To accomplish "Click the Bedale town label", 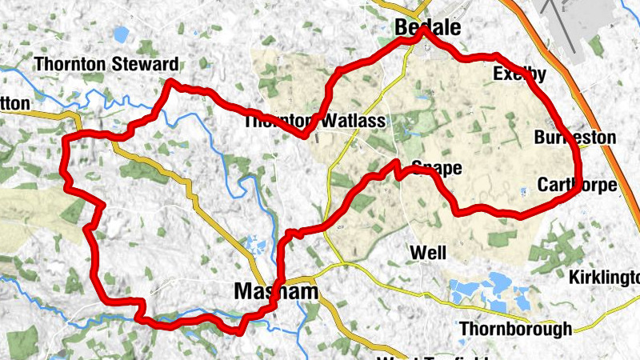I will (x=428, y=28).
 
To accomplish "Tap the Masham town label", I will (x=275, y=292).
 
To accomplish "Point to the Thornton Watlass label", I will (x=314, y=122).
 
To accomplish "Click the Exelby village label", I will (x=519, y=74).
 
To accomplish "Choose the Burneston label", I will (x=575, y=138).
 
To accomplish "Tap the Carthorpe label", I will (x=577, y=186).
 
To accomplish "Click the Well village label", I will (x=428, y=253).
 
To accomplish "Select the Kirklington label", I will (x=604, y=278).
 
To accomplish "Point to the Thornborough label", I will (x=516, y=328).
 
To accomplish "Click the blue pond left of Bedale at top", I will (x=121, y=34).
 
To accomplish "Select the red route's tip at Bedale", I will (x=425, y=33).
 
